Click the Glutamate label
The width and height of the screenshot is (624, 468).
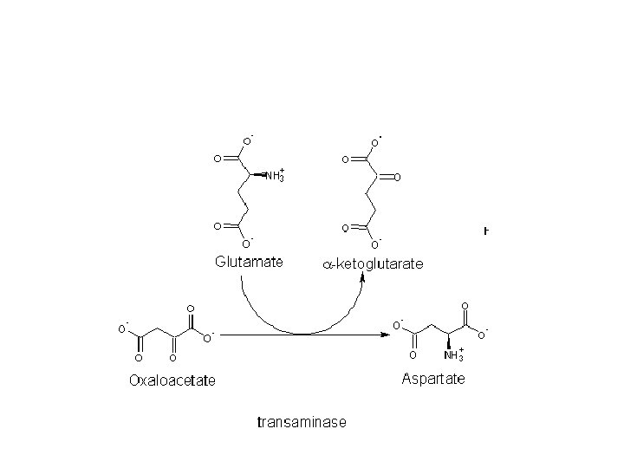(x=249, y=262)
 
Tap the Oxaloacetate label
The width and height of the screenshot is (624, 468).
(x=172, y=380)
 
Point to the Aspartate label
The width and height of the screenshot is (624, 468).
(x=433, y=379)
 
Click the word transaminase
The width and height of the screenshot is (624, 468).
(x=302, y=423)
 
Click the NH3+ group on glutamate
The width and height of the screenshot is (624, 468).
(x=274, y=176)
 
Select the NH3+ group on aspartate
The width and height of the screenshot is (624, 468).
(x=453, y=355)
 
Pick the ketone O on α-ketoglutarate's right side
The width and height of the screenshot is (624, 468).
(x=396, y=178)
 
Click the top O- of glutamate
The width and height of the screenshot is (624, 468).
(x=246, y=140)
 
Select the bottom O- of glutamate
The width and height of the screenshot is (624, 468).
(x=246, y=244)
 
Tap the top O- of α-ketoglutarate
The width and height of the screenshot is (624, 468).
(x=375, y=141)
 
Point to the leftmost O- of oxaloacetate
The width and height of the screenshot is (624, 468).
(x=122, y=328)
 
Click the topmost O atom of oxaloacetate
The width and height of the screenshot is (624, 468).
(x=191, y=309)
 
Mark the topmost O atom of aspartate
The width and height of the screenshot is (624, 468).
(x=465, y=306)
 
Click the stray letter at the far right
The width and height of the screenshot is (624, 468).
(x=486, y=231)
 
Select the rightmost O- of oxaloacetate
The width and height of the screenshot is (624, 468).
(x=208, y=337)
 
